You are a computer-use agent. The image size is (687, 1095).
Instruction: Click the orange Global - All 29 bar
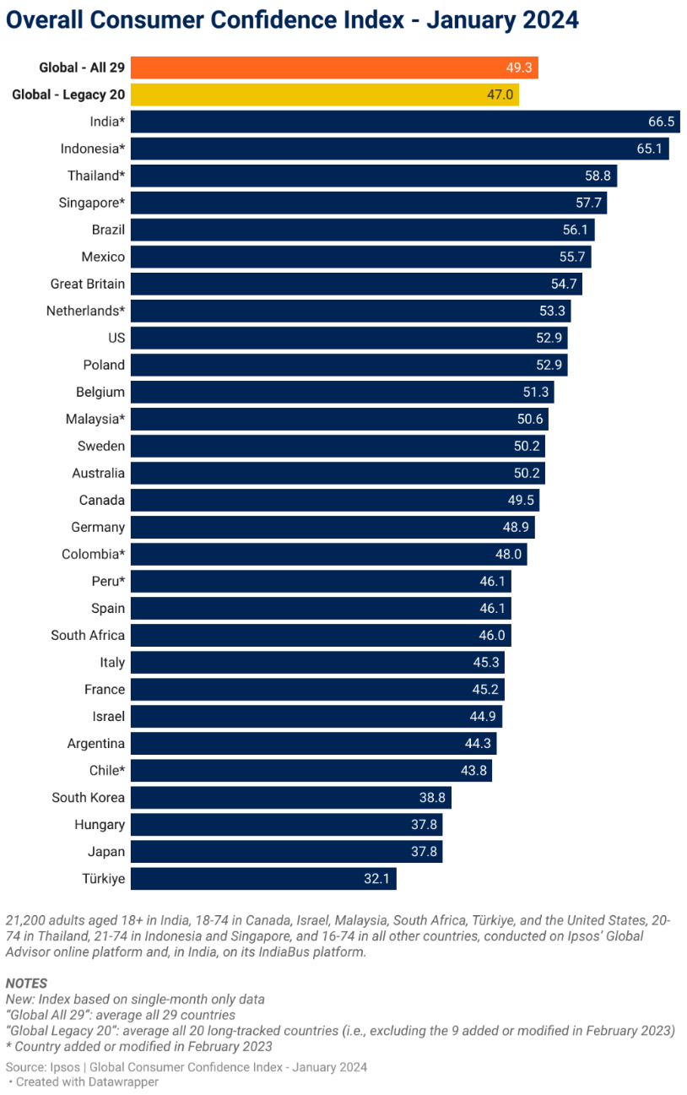coord(334,68)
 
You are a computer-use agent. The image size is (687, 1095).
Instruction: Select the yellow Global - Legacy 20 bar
coord(324,95)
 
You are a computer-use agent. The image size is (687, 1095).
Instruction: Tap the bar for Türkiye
coord(263,879)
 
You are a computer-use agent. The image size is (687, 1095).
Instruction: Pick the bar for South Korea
coord(291,798)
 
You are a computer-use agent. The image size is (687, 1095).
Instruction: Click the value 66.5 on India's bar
coord(661,122)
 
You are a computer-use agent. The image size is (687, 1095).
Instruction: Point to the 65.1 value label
coord(650,149)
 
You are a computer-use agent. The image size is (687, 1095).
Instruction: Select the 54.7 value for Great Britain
coord(563,284)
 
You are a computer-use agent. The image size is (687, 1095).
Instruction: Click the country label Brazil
coord(108,230)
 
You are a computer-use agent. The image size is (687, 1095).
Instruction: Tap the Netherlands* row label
coord(85,311)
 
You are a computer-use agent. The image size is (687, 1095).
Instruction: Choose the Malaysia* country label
coord(95,419)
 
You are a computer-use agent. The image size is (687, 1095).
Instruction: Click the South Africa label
coord(88,635)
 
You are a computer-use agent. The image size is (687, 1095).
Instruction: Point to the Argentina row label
coord(96,744)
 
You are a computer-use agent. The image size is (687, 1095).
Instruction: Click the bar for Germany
coord(333,528)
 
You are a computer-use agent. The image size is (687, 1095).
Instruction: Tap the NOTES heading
coord(26,983)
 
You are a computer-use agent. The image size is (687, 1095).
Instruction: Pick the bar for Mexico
coord(360,257)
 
